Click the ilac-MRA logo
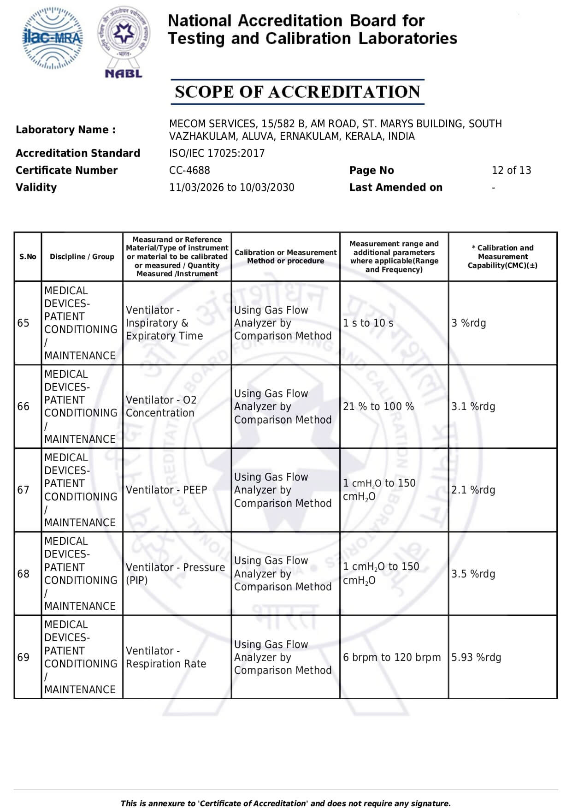(x=53, y=38)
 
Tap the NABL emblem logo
(x=124, y=42)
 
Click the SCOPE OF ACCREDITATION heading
(x=297, y=92)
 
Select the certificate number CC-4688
(x=189, y=170)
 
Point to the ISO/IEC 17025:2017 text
(x=217, y=153)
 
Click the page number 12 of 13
(x=511, y=170)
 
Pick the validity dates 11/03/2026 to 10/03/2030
(x=231, y=187)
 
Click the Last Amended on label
(x=395, y=187)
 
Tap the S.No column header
(x=28, y=257)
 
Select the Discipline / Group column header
(x=82, y=257)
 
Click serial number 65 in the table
(x=24, y=323)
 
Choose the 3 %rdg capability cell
(x=468, y=323)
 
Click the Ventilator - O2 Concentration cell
(x=161, y=406)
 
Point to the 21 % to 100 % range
(x=378, y=406)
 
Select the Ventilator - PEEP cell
(x=166, y=490)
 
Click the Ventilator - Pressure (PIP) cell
(x=175, y=573)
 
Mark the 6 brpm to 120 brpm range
(x=391, y=657)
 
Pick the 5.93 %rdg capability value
(x=476, y=657)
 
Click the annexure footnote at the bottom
(x=285, y=803)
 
